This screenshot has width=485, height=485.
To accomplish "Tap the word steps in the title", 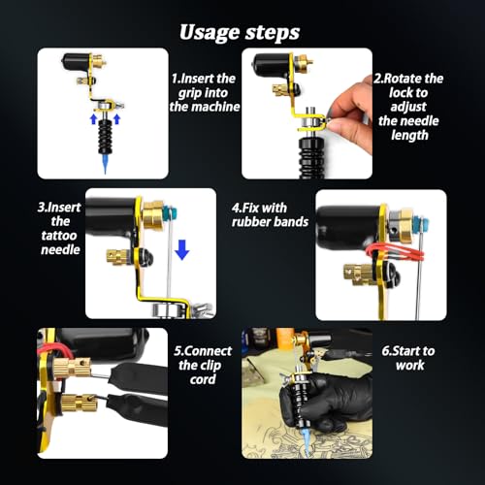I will (x=273, y=31).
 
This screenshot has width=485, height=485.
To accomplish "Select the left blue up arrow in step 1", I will (x=93, y=121).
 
